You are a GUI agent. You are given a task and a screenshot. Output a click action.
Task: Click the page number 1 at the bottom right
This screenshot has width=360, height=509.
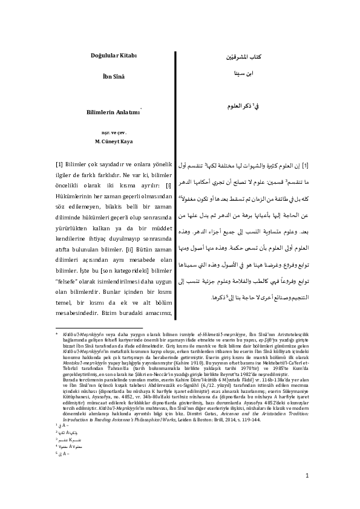tap(307, 476)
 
